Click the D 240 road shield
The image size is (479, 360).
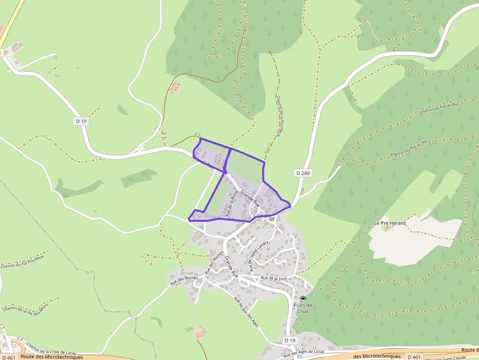(303, 173)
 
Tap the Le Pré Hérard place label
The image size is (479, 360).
(390, 223)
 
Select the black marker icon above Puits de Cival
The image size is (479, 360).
(303, 298)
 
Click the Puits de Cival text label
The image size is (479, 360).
(303, 309)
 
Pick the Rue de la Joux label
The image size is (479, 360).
(273, 278)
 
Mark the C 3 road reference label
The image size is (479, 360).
(20, 339)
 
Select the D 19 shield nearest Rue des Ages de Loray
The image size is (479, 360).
(290, 340)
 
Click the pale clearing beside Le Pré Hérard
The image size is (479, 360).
(415, 239)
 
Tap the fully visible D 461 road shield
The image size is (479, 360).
(414, 357)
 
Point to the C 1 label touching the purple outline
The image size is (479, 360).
(198, 134)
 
